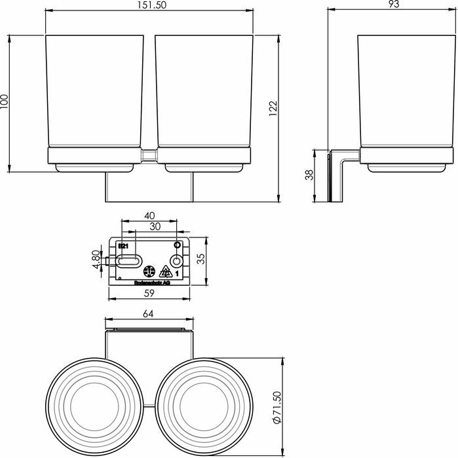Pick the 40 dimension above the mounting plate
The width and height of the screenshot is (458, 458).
[x=149, y=215]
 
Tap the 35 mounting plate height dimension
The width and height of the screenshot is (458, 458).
[x=202, y=259]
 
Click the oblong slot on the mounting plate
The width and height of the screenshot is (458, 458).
[x=128, y=263]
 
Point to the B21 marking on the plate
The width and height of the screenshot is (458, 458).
[x=121, y=246]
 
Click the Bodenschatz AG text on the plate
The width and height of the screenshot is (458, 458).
[x=151, y=283]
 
